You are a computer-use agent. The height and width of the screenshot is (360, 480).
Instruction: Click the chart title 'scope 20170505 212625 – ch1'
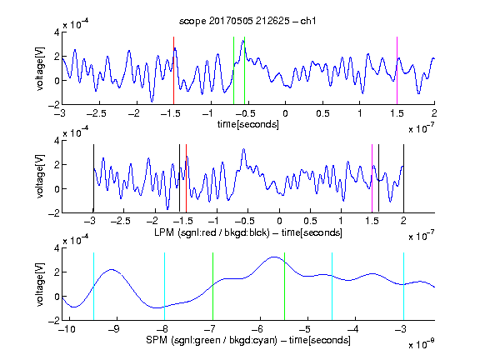pyautogui.click(x=247, y=21)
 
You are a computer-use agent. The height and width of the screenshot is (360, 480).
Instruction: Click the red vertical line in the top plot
pyautogui.click(x=173, y=71)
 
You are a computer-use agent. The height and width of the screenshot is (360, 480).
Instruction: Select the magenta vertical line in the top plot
pyautogui.click(x=397, y=71)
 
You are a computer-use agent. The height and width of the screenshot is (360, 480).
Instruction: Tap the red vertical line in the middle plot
pyautogui.click(x=186, y=178)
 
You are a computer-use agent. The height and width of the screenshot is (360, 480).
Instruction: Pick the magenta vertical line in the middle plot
pyautogui.click(x=372, y=178)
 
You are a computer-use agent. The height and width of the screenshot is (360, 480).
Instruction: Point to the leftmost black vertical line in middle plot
pyautogui.click(x=93, y=178)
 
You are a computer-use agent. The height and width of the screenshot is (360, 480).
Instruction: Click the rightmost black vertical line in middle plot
pyautogui.click(x=403, y=178)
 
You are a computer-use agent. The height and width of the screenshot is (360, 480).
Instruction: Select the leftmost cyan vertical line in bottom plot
pyautogui.click(x=93, y=286)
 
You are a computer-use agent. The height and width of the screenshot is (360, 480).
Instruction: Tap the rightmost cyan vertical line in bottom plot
pyautogui.click(x=403, y=286)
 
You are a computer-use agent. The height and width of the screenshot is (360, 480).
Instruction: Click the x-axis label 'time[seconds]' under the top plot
pyautogui.click(x=248, y=124)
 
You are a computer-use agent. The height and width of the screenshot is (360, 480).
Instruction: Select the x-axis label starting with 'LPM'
pyautogui.click(x=248, y=232)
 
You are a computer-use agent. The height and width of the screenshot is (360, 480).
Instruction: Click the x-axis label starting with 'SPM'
pyautogui.click(x=248, y=340)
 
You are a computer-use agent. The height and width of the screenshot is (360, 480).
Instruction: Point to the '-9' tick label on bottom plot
pyautogui.click(x=114, y=329)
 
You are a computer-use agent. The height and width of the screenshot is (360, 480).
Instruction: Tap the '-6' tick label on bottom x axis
pyautogui.click(x=259, y=329)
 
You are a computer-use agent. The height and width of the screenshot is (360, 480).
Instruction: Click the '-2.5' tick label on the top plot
pyautogui.click(x=96, y=113)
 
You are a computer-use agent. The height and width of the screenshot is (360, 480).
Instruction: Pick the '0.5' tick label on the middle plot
pyautogui.click(x=310, y=221)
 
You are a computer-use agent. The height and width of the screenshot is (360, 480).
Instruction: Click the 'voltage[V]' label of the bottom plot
pyautogui.click(x=40, y=285)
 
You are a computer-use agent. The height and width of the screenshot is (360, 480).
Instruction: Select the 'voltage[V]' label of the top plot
pyautogui.click(x=40, y=69)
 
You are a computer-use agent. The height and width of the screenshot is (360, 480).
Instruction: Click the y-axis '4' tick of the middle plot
pyautogui.click(x=57, y=141)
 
